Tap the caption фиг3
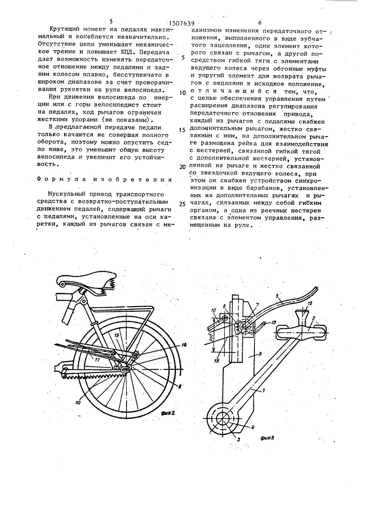point(267,438)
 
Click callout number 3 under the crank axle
point(239,439)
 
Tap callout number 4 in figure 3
point(253,427)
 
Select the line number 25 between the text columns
point(182,204)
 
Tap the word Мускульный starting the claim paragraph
point(66,193)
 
